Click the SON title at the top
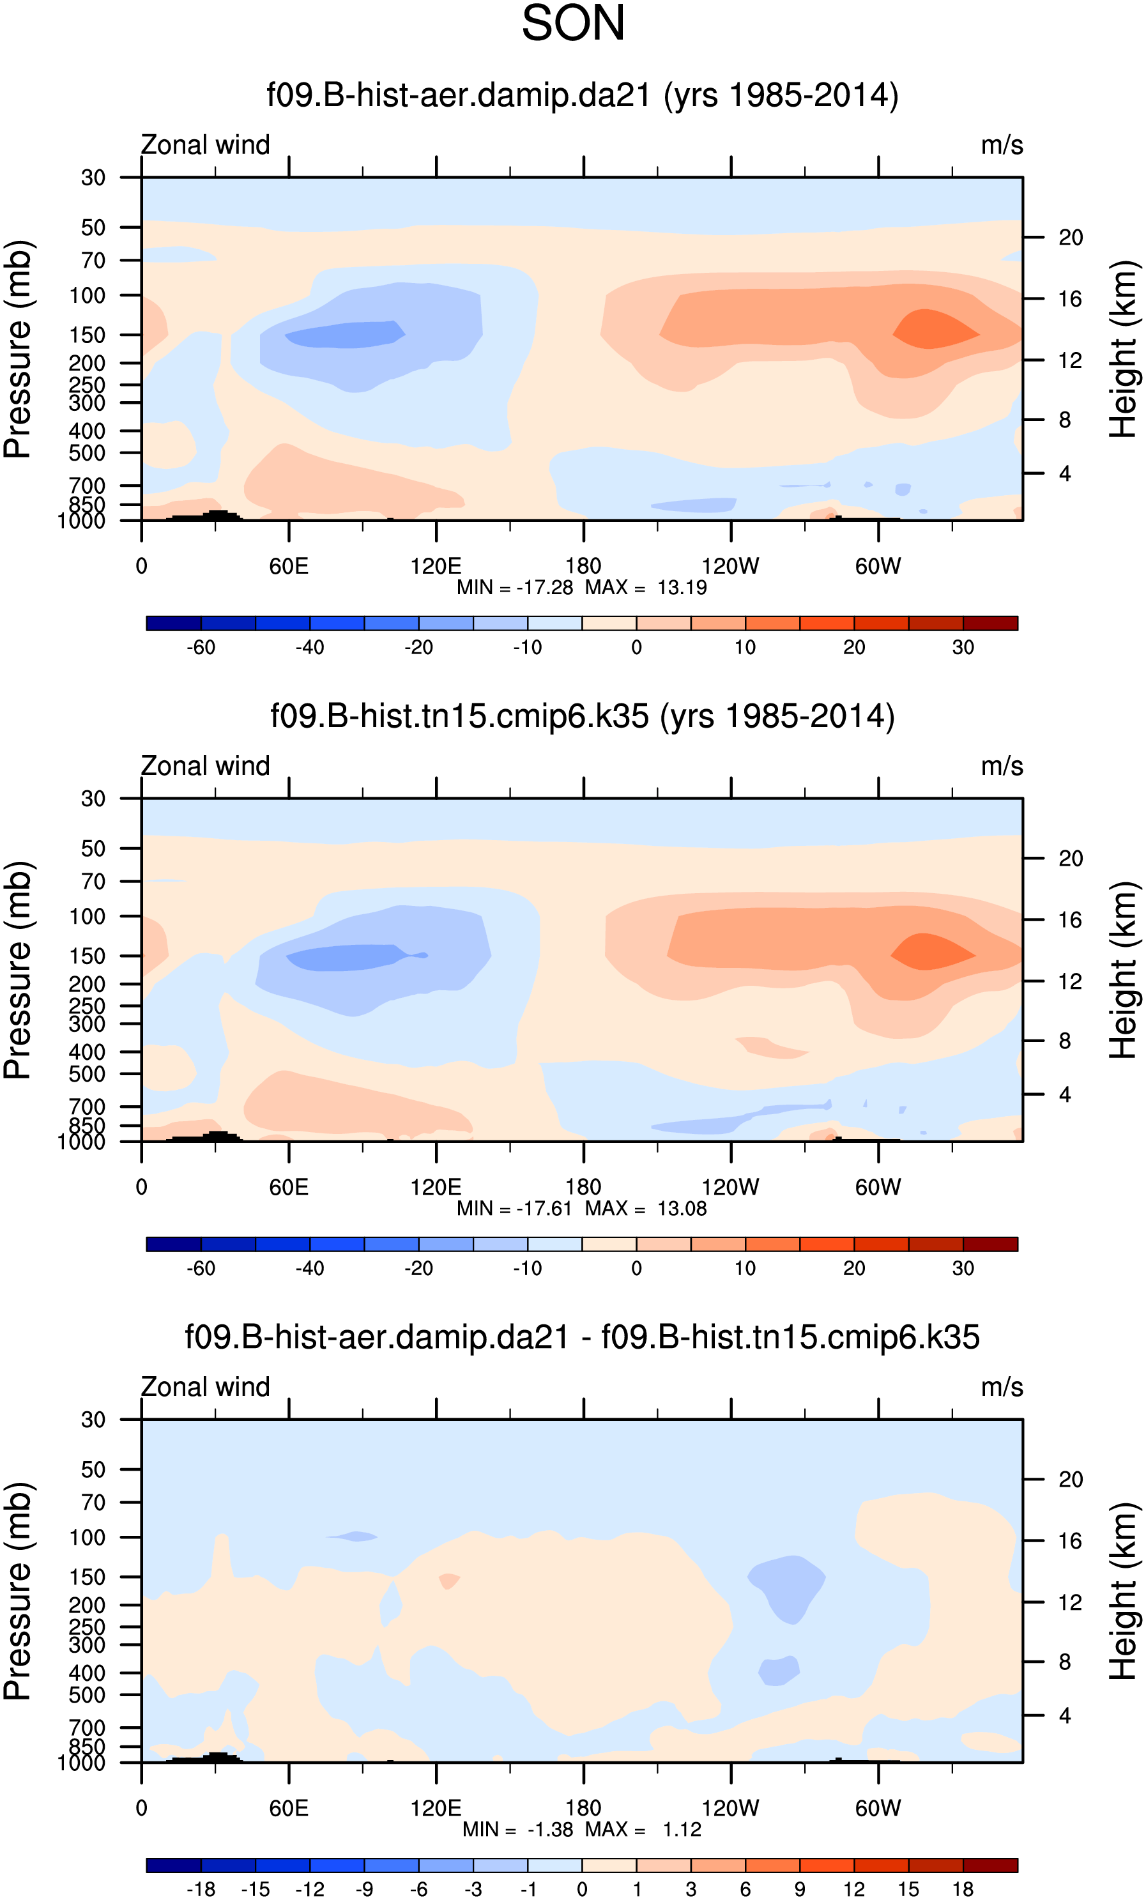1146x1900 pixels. click(x=573, y=24)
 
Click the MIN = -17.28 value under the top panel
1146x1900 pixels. click(x=514, y=588)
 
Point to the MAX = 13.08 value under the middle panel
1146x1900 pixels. click(x=646, y=1208)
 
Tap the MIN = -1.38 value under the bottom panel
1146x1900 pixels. click(x=517, y=1830)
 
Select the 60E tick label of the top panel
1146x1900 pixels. click(x=289, y=566)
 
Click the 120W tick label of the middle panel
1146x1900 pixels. click(x=730, y=1187)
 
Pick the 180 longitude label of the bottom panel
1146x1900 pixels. click(x=583, y=1808)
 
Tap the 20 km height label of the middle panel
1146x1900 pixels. click(x=1071, y=858)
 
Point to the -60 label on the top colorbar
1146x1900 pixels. click(x=201, y=648)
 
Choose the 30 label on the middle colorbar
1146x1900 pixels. click(x=963, y=1268)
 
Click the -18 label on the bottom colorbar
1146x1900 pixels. click(x=201, y=1889)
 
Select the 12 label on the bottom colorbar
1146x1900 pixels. click(x=853, y=1889)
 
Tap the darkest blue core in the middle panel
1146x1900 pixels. click(x=347, y=957)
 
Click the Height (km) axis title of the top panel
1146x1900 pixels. click(x=1123, y=349)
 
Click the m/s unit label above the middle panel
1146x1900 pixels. click(x=1001, y=767)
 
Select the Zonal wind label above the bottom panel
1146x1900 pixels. click(x=205, y=1387)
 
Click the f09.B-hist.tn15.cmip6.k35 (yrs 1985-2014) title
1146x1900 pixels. click(x=582, y=716)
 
